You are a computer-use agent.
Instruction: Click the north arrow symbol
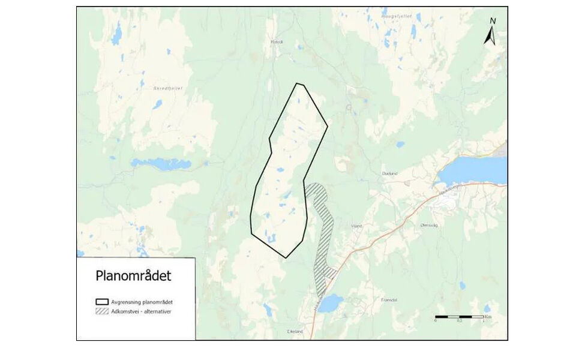click(490, 37)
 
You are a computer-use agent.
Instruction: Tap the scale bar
click(459, 316)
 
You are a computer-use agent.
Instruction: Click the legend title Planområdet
click(133, 276)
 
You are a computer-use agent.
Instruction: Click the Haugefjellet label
click(397, 16)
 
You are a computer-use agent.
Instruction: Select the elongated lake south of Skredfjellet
click(161, 164)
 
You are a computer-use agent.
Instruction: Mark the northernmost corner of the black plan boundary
click(298, 83)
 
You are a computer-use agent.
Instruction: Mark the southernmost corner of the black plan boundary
click(286, 258)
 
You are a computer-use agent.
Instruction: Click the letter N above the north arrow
click(492, 21)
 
